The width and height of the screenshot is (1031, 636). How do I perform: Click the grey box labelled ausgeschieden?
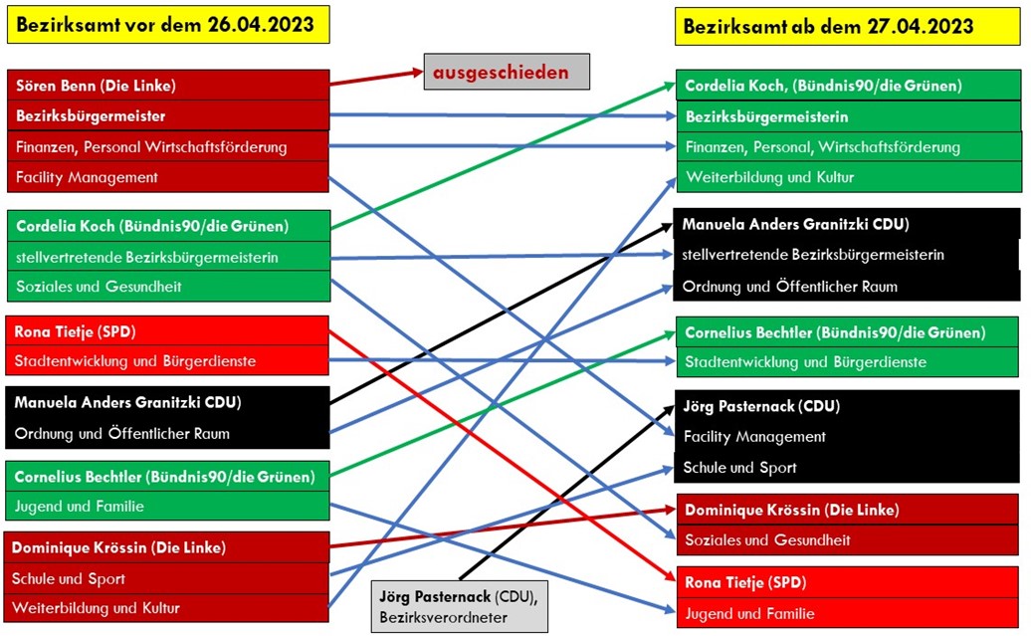point(507,72)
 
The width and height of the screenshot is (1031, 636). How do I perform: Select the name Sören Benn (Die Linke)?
point(96,86)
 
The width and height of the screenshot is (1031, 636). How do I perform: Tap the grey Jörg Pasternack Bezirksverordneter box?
point(459,606)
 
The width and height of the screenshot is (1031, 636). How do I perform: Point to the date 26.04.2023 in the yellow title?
point(261,24)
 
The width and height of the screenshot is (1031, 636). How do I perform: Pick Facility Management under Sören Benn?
point(87,177)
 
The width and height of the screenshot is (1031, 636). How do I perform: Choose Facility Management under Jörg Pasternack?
point(754,437)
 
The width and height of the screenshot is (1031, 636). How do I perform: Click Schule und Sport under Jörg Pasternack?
point(739,468)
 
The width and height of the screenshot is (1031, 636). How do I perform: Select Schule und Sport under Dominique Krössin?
point(69,579)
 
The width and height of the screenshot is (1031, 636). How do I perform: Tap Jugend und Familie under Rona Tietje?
point(749,614)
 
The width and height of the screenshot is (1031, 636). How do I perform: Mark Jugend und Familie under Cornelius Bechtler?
point(79,507)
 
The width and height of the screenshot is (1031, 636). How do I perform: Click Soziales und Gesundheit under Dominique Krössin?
point(767,540)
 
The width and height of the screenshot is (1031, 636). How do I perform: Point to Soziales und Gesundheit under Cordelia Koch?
point(99,286)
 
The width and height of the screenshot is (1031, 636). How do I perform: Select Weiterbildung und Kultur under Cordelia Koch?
point(770,177)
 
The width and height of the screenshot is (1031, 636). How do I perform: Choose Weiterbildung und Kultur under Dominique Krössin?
point(96,608)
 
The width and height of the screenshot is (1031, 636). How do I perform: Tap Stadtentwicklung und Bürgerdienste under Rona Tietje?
point(135,361)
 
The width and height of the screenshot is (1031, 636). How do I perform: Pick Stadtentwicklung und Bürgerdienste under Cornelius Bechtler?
point(805,361)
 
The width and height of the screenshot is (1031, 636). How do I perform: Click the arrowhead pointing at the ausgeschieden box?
point(417,72)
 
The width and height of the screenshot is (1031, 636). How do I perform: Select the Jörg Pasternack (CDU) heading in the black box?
point(761,406)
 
